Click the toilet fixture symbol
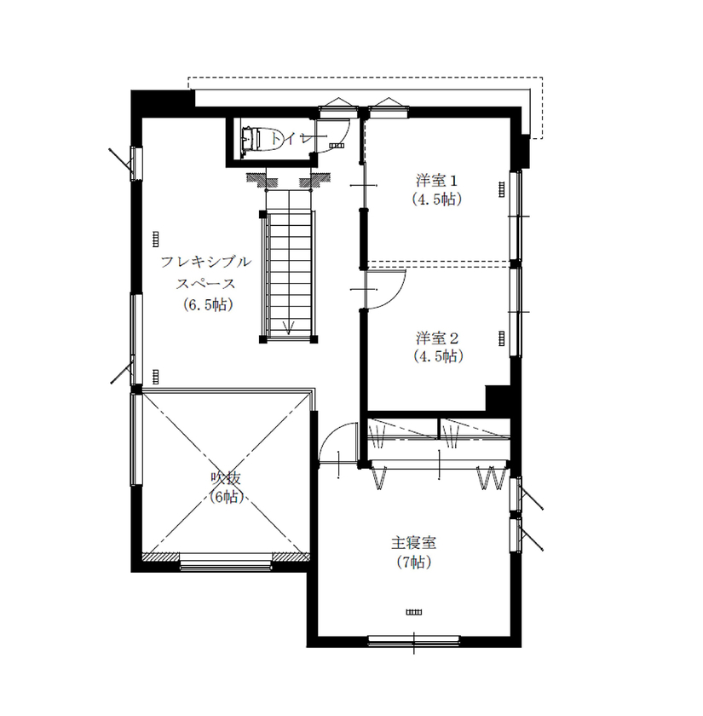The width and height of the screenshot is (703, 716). [252, 140]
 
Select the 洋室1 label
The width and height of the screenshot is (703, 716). [438, 181]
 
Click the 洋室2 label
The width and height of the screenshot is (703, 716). [438, 336]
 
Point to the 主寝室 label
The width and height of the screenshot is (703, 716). [414, 542]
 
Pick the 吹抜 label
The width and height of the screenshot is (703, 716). [224, 479]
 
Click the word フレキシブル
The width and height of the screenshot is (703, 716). [206, 263]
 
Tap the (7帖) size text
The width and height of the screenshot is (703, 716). [414, 563]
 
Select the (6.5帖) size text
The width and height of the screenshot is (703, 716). [206, 304]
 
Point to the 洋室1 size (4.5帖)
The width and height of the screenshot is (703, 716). [438, 201]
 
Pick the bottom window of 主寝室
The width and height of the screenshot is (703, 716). [413, 641]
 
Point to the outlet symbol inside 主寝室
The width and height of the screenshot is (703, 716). [414, 611]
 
